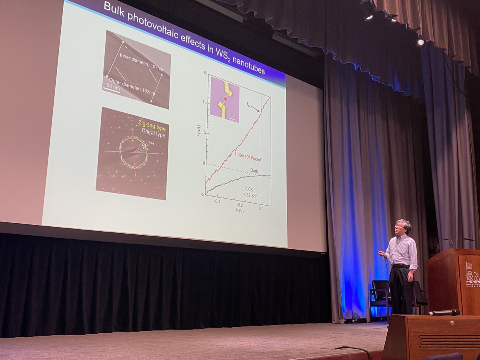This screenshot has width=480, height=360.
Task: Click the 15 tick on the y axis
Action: (x=204, y=73)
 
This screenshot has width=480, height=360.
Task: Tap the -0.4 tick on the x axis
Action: (x=216, y=201)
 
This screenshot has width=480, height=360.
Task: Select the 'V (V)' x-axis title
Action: (x=238, y=210)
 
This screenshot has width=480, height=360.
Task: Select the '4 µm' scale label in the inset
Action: (x=232, y=116)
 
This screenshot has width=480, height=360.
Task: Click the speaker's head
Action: (x=403, y=227)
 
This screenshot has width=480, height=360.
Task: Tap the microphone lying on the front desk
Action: (x=444, y=312)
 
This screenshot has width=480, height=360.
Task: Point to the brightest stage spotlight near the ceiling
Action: (x=420, y=42)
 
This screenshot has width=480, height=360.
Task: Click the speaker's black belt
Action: (x=400, y=266)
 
